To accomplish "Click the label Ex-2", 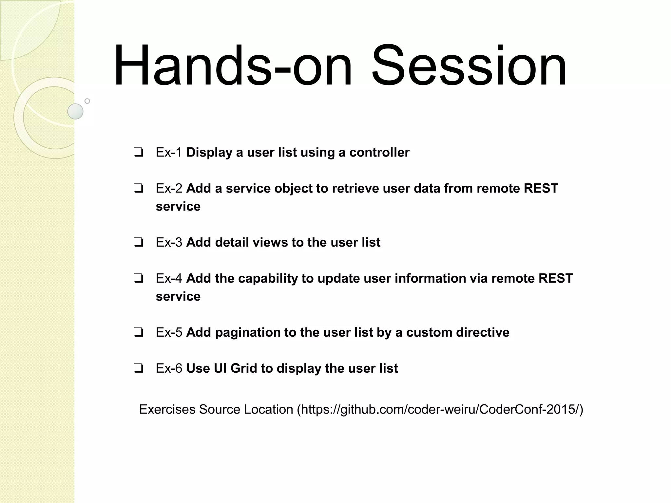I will click(x=169, y=189).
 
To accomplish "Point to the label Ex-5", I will click(x=169, y=333).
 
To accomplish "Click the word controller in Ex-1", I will click(x=379, y=153).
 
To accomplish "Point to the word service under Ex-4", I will click(x=178, y=297).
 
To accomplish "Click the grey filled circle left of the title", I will click(x=75, y=111).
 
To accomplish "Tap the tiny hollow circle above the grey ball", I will click(x=87, y=101).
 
